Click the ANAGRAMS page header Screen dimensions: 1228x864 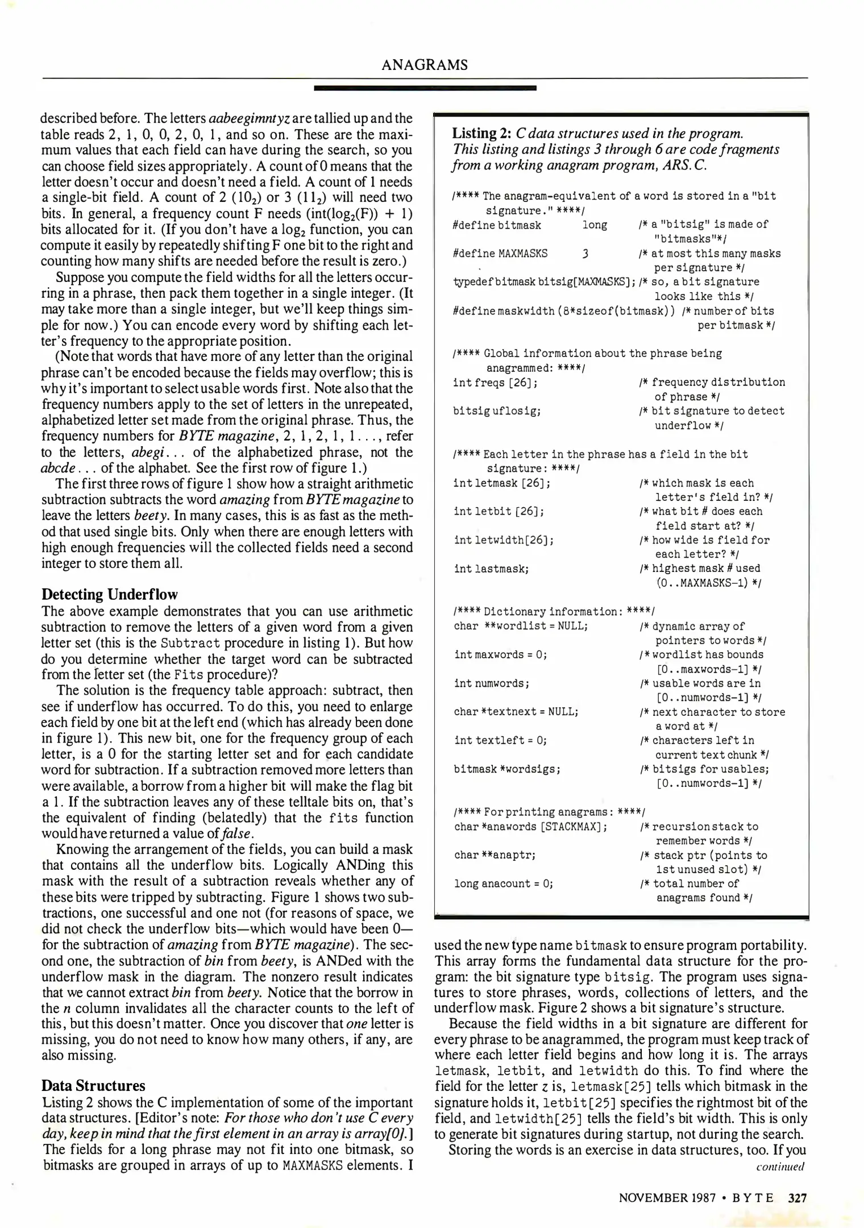425,65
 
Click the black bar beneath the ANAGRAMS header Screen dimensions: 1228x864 425,88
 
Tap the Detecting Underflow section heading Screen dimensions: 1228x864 109,595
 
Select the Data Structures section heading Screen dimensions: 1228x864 93,1085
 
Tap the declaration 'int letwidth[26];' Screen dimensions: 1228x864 504,540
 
